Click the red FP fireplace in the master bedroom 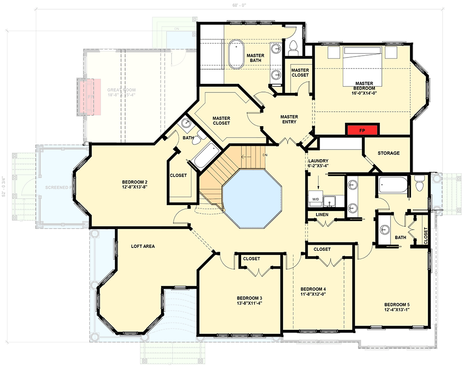tap(362, 130)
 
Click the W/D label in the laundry tap(316, 199)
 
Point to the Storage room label tap(388, 153)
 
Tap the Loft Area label tap(143, 247)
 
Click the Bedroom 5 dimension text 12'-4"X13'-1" tap(397, 310)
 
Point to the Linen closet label tap(322, 214)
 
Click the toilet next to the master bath tap(293, 46)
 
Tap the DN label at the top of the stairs tap(265, 155)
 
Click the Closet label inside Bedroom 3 tap(251, 259)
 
